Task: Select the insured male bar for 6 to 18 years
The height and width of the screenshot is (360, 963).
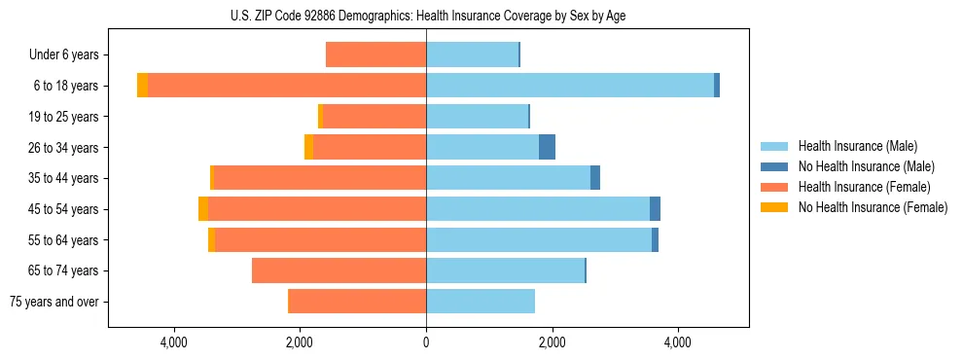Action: (x=570, y=86)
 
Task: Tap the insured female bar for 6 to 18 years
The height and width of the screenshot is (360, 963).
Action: (x=287, y=86)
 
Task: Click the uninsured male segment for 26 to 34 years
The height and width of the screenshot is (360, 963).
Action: (x=547, y=147)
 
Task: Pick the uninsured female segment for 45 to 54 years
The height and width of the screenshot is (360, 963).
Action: (x=203, y=209)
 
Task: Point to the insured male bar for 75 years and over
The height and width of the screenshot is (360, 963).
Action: (x=481, y=302)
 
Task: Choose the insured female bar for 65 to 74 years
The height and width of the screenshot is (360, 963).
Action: (x=339, y=270)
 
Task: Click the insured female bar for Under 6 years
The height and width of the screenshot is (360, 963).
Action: (x=375, y=54)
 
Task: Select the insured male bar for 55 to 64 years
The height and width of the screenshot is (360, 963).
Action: (x=539, y=239)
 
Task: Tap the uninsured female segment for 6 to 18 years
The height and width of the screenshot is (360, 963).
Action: (x=143, y=86)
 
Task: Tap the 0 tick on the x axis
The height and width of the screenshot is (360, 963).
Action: (x=426, y=342)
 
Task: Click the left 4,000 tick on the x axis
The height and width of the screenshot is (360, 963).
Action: (x=174, y=342)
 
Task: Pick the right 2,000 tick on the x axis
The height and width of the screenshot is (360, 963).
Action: (x=552, y=342)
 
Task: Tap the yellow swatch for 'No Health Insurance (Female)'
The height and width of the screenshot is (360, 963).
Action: (x=774, y=207)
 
